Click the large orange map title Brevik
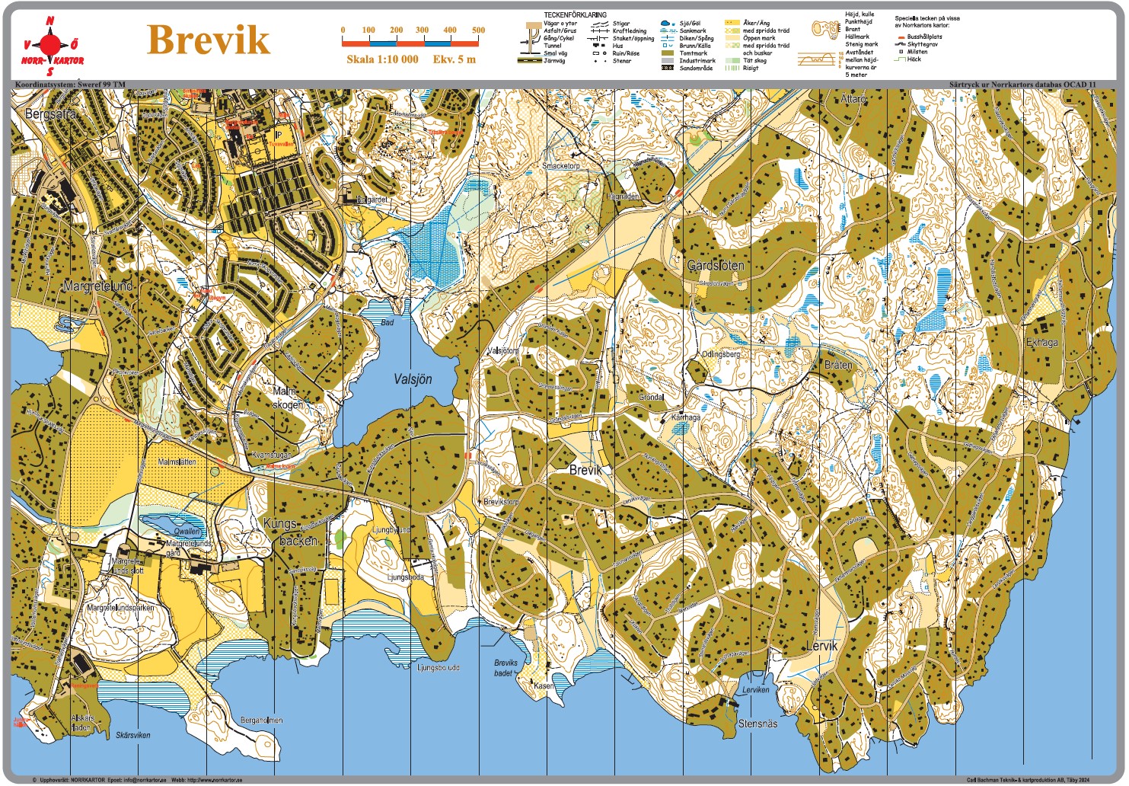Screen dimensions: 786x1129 click(208, 40)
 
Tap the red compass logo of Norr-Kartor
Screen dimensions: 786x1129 click(52, 42)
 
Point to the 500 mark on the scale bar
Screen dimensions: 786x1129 click(478, 30)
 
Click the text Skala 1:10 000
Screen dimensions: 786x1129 click(382, 59)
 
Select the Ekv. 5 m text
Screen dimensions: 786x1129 click(454, 59)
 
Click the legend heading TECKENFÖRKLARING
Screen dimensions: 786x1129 click(575, 14)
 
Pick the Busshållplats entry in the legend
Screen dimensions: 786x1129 click(924, 37)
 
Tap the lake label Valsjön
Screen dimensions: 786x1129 click(413, 379)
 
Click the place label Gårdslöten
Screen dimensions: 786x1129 click(716, 266)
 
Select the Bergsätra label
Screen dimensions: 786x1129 click(50, 113)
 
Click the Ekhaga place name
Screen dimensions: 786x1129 click(1041, 343)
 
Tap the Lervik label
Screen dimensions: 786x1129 click(821, 646)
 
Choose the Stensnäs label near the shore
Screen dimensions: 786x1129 click(757, 724)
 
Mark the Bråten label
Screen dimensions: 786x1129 click(838, 365)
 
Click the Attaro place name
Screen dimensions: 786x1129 click(853, 99)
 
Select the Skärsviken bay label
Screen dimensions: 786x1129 click(133, 736)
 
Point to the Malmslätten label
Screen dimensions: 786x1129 click(177, 462)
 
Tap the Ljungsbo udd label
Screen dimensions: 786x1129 click(439, 668)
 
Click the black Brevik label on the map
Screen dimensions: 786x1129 click(585, 471)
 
